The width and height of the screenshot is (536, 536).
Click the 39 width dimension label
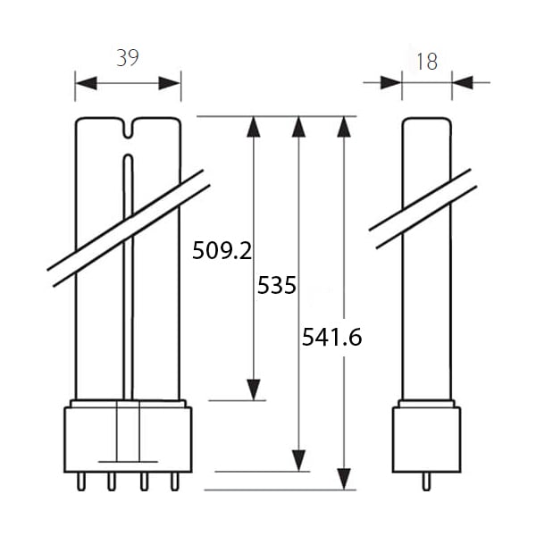tap(128, 58)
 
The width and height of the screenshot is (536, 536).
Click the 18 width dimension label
tap(427, 62)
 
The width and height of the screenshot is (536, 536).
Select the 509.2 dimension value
tap(222, 250)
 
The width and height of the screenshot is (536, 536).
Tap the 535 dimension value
tap(277, 285)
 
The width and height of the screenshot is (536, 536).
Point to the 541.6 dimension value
tap(332, 337)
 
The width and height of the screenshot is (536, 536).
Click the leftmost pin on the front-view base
tap(81, 482)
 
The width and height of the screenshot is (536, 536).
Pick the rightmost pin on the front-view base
tap(175, 482)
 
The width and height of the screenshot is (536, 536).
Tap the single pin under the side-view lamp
tap(426, 482)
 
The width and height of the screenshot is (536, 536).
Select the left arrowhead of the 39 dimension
tap(86, 83)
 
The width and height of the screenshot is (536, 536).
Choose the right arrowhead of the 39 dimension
tap(170, 83)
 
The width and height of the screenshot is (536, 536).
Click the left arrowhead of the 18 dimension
tap(391, 82)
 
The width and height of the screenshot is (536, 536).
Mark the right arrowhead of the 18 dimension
tap(463, 82)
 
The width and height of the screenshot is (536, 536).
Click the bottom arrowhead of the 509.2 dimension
tap(254, 389)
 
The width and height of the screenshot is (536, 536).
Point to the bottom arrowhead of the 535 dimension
tap(298, 460)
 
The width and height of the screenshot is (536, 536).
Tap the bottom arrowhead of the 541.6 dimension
tap(344, 479)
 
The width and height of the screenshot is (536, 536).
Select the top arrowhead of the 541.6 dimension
tap(344, 127)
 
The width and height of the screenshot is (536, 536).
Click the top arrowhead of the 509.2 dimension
tap(254, 127)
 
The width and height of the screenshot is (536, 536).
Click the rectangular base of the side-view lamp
tap(427, 440)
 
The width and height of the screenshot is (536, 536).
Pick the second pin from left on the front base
tap(112, 482)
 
